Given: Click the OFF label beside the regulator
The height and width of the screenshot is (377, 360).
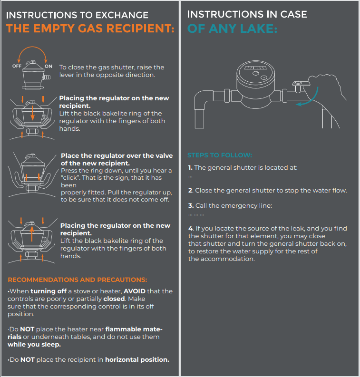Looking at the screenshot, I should point(17,66).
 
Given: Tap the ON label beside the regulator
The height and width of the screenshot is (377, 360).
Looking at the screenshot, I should point(49,66).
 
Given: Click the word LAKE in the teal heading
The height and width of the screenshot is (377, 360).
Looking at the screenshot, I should point(253,29).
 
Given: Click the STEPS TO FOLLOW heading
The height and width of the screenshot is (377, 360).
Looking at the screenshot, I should point(219,155).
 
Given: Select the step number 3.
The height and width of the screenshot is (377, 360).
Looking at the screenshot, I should point(190,206).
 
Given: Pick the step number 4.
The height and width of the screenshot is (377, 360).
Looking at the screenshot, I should point(190,229).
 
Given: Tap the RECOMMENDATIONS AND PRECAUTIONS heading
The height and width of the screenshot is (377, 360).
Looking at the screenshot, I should point(78,280).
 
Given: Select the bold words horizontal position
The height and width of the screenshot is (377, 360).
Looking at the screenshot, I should point(137,359).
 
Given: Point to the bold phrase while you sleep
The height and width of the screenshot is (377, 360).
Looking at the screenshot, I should point(34,344).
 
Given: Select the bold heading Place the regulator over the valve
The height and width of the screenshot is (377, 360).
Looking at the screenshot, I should point(117,155).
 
